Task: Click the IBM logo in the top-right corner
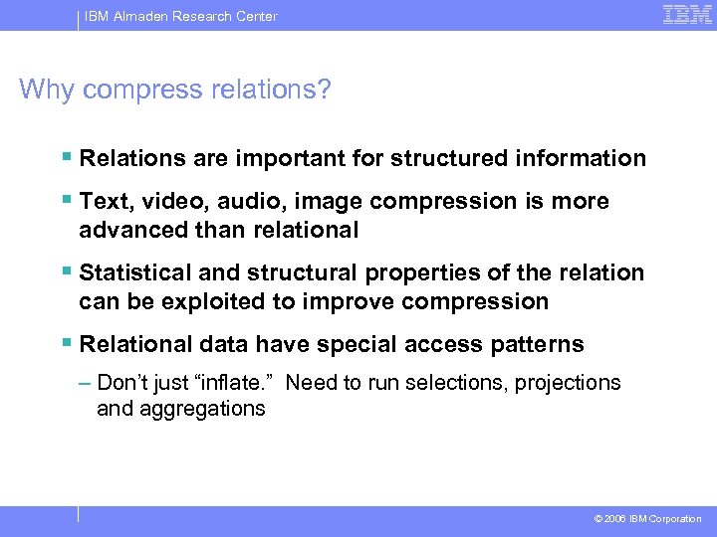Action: (687, 15)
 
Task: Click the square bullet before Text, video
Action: (66, 201)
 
